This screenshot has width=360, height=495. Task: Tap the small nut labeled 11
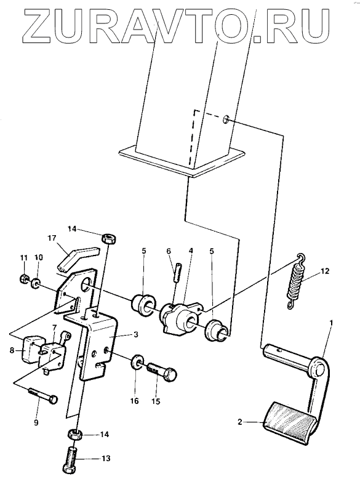coord(23,278)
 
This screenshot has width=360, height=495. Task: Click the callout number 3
coord(135,334)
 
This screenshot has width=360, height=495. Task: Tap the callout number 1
coord(331,323)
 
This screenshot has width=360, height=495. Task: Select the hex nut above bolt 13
coord(75,435)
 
